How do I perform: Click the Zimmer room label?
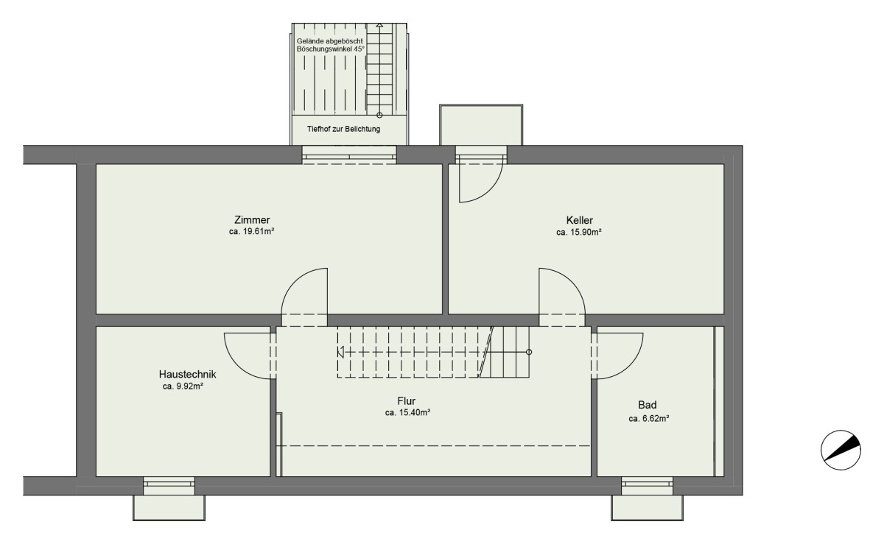coord(252,219)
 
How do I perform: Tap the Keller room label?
coord(579,220)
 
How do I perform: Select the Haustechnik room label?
coord(187,374)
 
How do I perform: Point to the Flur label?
coord(407,401)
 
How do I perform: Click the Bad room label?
coord(648,405)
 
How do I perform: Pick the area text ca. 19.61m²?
coord(252,232)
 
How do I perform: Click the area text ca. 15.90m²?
coord(579,233)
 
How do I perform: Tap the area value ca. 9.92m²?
coord(183,386)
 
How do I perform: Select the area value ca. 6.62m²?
coord(649,419)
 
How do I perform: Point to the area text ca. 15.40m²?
coord(407,413)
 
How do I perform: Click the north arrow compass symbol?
coord(841,450)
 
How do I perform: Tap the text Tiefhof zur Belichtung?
coord(344,129)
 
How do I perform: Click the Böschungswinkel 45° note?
coord(331,49)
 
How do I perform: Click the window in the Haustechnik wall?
coord(169,486)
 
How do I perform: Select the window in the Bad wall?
coord(648,486)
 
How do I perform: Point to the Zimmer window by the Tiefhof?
coord(349,155)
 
